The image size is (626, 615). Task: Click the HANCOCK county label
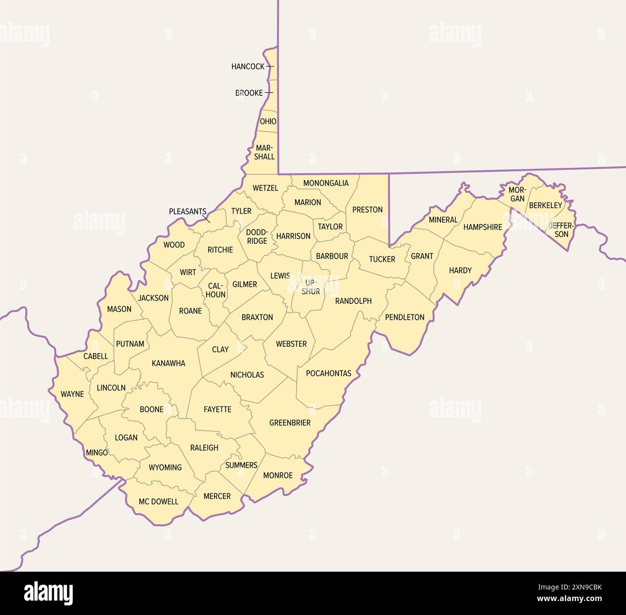[248, 66]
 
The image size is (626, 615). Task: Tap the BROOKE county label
[249, 93]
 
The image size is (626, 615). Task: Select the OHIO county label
[268, 121]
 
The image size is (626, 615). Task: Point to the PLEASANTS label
[187, 211]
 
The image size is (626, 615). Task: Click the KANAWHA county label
[169, 363]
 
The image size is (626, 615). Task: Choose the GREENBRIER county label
[290, 423]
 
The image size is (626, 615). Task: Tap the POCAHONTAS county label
[328, 373]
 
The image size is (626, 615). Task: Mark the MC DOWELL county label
[158, 501]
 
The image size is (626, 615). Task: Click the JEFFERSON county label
[561, 230]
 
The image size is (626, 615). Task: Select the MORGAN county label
[517, 194]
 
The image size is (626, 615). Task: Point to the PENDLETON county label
[404, 317]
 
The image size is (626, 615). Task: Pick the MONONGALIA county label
[326, 183]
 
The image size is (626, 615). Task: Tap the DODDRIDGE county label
[257, 236]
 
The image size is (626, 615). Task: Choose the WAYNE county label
[72, 394]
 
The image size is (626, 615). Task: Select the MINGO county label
[97, 453]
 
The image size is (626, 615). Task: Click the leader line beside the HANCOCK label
[270, 66]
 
